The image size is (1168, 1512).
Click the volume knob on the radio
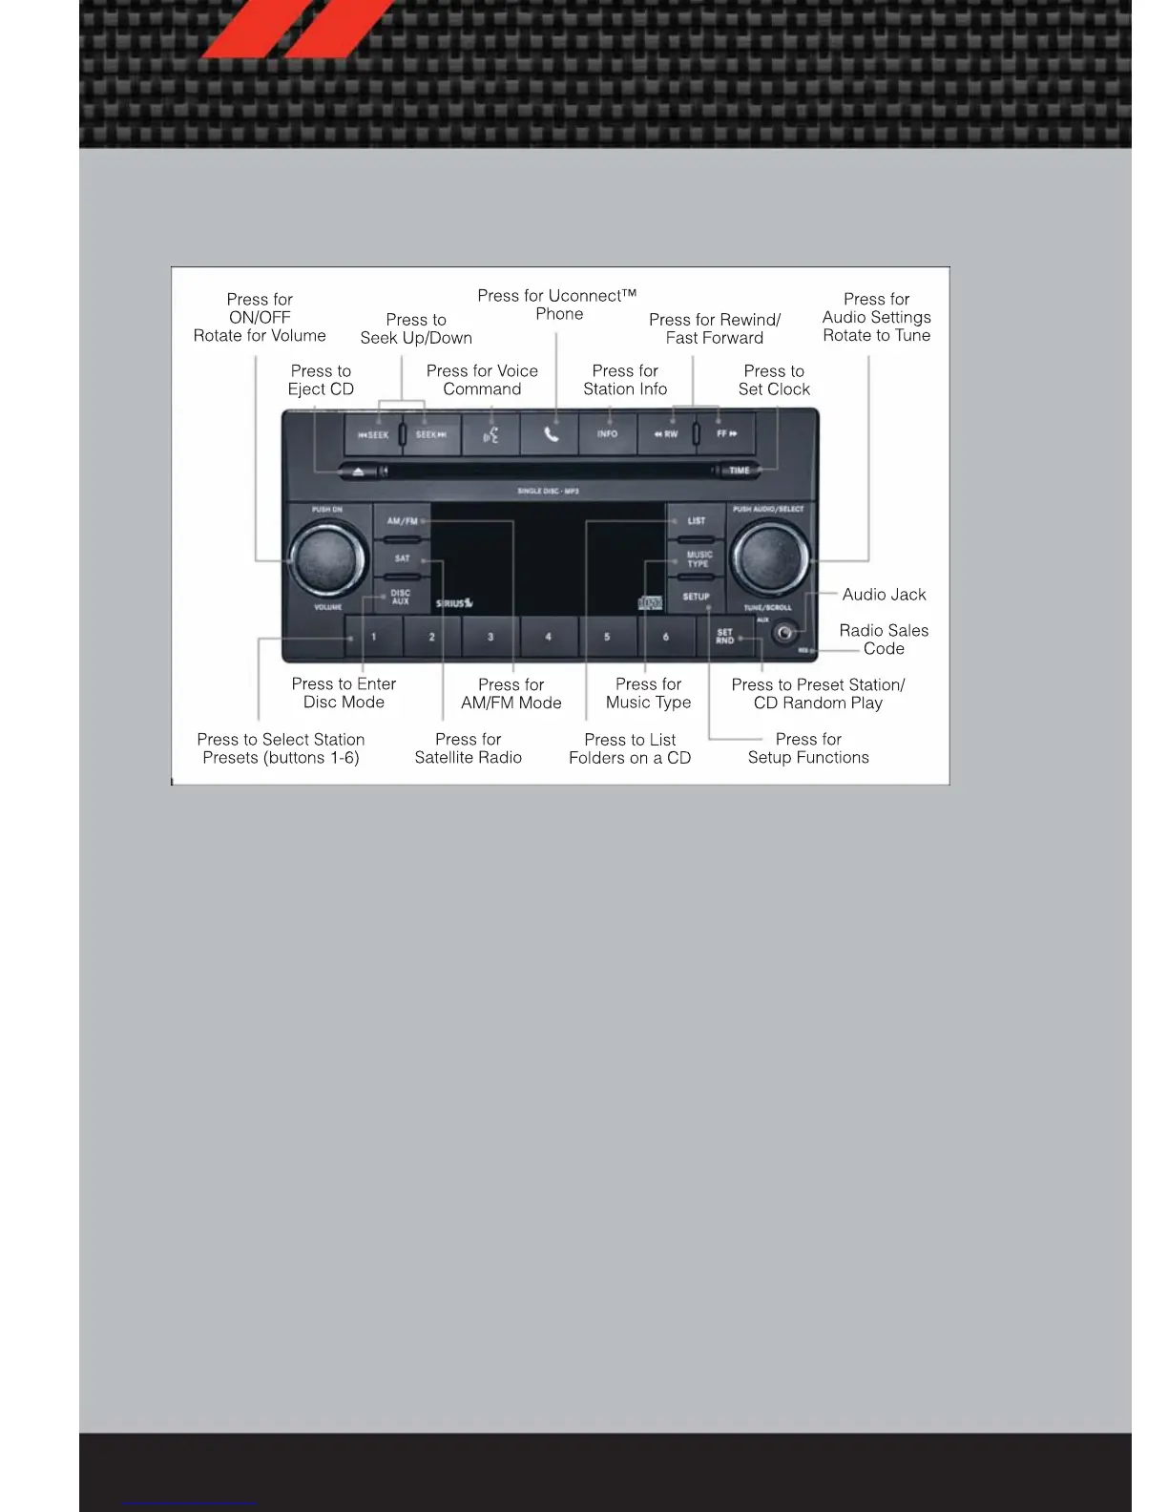pyautogui.click(x=327, y=560)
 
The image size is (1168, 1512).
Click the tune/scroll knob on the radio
pyautogui.click(x=769, y=560)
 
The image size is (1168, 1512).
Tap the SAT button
pyautogui.click(x=402, y=559)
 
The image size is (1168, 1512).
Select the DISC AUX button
pyautogui.click(x=401, y=598)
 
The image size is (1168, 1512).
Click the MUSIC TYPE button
pyautogui.click(x=698, y=559)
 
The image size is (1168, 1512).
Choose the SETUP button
pyautogui.click(x=696, y=598)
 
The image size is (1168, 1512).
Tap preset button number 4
pyautogui.click(x=549, y=637)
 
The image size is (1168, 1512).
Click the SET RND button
pyautogui.click(x=725, y=637)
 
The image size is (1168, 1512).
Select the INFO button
pyautogui.click(x=607, y=434)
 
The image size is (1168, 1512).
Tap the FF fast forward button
pyautogui.click(x=726, y=434)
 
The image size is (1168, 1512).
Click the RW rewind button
pyautogui.click(x=666, y=434)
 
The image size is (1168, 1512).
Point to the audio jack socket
pyautogui.click(x=784, y=632)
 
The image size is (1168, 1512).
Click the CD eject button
pyautogui.click(x=358, y=471)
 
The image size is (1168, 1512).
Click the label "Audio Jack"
pyautogui.click(x=884, y=595)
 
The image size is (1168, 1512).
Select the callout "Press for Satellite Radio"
pyautogui.click(x=468, y=748)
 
